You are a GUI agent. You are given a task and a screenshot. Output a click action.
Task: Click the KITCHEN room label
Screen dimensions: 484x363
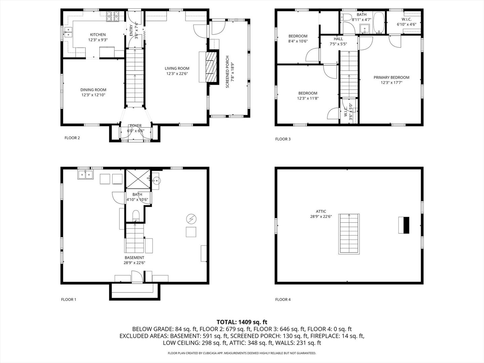pos(98,35)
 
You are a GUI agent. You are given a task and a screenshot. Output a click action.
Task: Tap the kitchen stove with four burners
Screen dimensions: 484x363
pos(113,16)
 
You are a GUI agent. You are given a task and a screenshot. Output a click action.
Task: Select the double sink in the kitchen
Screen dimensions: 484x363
pos(69,32)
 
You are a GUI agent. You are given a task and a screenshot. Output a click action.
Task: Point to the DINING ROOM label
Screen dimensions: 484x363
pos(93,90)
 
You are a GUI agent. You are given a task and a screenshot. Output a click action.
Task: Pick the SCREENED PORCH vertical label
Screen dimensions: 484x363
pos(228,72)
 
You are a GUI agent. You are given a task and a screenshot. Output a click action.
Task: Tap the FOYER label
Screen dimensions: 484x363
pos(135,126)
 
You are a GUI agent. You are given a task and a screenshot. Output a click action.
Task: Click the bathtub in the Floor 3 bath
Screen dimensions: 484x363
pos(379,23)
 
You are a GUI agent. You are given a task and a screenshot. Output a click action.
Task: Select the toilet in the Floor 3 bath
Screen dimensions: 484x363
pos(345,17)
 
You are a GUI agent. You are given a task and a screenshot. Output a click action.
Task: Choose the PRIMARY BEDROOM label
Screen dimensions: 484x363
pos(391,77)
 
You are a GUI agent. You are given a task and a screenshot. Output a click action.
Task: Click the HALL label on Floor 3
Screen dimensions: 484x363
pos(338,39)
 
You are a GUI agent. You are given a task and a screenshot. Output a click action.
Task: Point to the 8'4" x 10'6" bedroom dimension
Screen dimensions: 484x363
pos(298,41)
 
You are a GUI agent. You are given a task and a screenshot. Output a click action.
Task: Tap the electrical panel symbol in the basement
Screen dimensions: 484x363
pos(191,219)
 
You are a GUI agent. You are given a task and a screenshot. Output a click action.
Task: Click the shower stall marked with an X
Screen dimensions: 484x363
pos(138,179)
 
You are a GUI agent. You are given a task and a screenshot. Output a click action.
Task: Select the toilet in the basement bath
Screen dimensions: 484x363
pos(136,215)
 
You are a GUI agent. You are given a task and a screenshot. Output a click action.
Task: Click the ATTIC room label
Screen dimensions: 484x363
pos(321,211)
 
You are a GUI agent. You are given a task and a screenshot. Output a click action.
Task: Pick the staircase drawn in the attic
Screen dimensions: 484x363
pos(349,234)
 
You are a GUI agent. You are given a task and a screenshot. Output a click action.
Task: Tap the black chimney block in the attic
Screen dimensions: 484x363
pos(406,225)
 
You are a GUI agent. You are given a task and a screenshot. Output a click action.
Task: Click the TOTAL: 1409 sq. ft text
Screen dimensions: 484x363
pos(242,322)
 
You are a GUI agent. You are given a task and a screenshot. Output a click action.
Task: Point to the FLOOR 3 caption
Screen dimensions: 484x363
pos(283,139)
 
